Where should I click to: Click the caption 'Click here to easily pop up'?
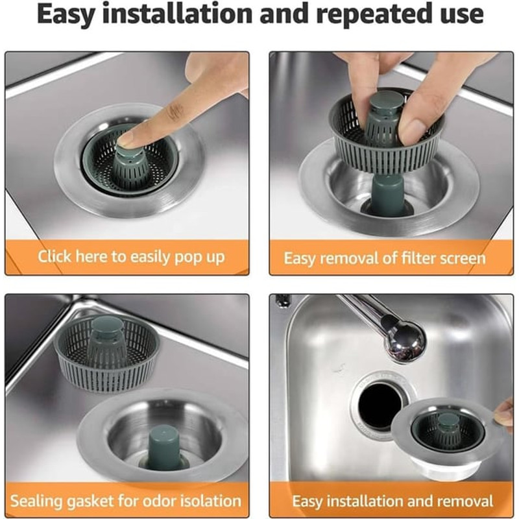click(130, 257)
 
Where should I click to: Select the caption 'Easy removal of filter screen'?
click(384, 258)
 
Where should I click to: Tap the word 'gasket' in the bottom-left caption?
click(104, 501)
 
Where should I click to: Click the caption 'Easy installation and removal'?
click(392, 501)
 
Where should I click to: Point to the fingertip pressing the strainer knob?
click(127, 138)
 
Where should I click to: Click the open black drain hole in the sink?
click(380, 405)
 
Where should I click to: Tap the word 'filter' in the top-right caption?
click(402, 258)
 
